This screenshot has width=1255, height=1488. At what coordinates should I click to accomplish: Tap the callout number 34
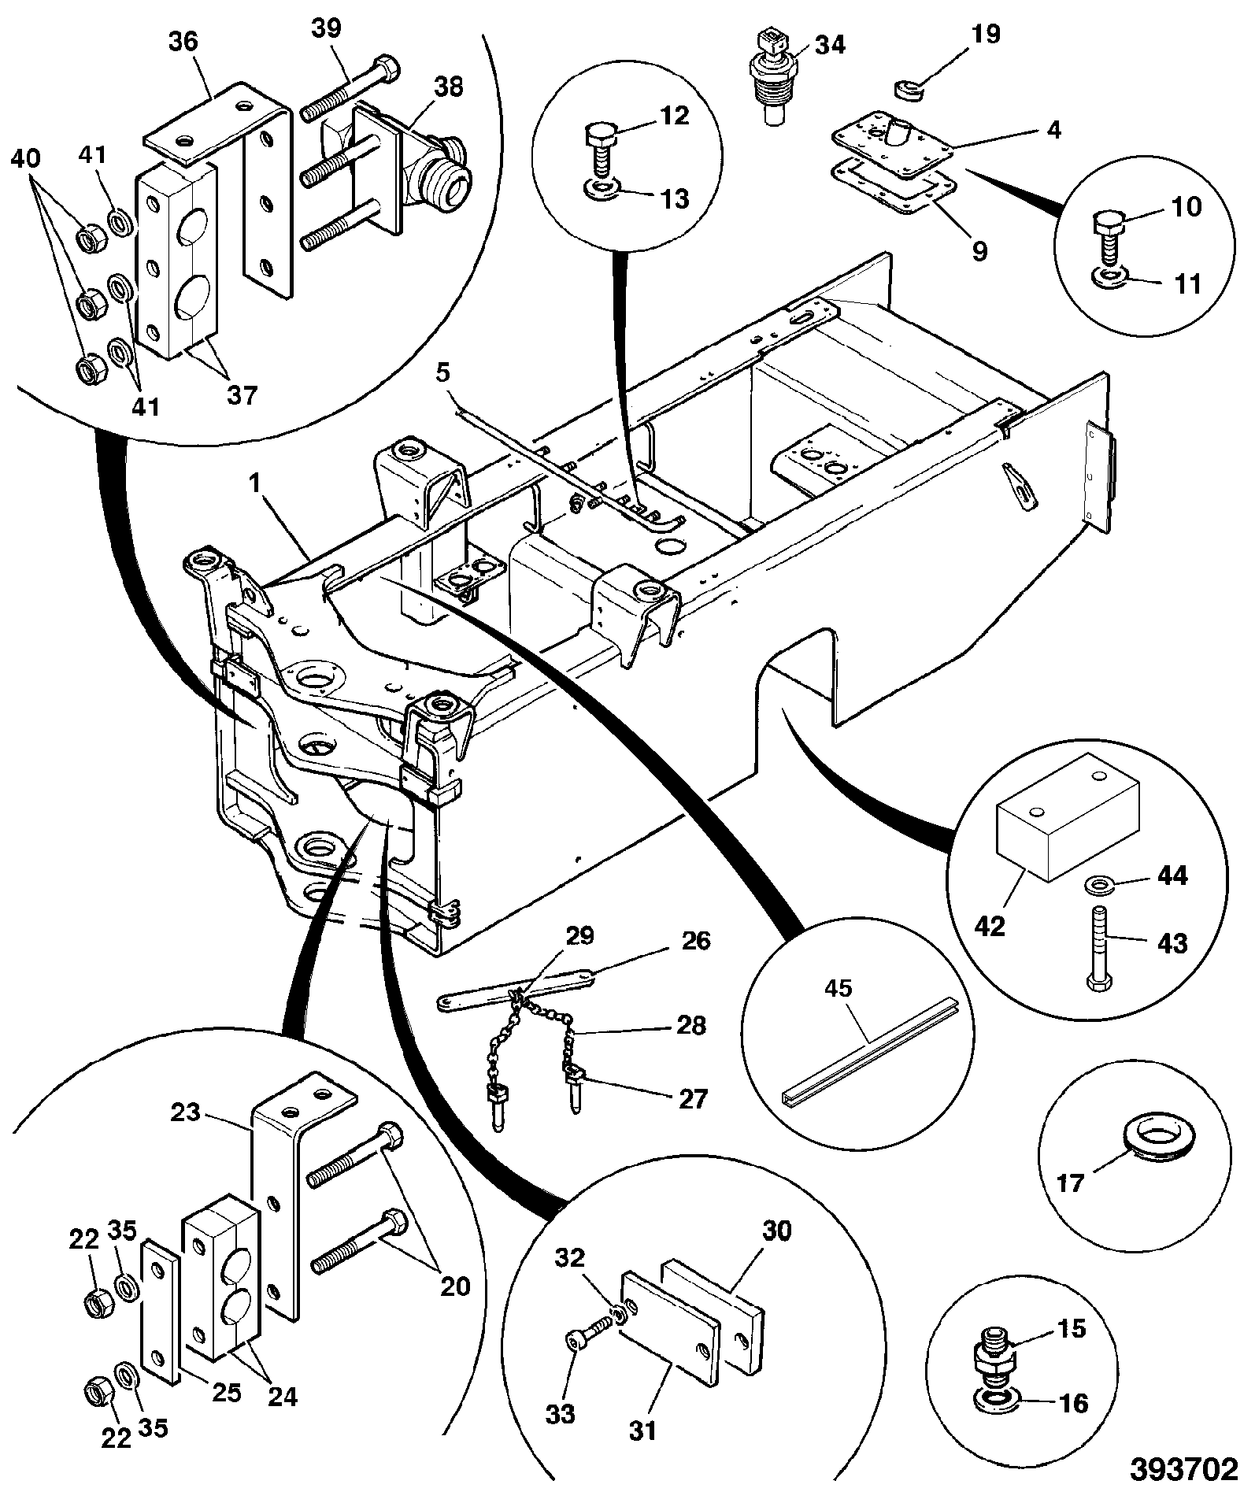(829, 45)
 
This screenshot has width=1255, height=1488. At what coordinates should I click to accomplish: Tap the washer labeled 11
(1110, 276)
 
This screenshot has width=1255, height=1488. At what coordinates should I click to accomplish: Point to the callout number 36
(184, 42)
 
